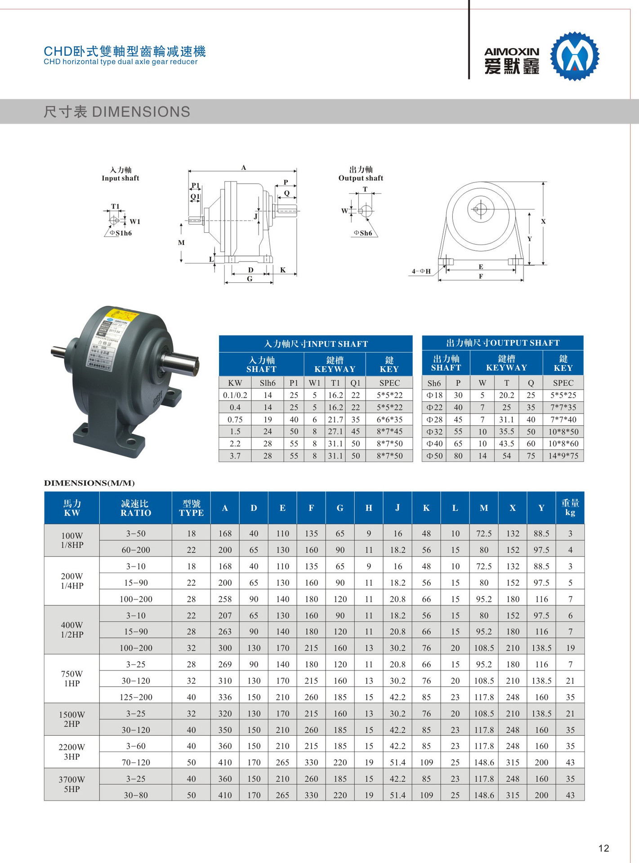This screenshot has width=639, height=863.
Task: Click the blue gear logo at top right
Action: coord(575,56)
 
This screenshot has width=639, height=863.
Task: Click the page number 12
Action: coord(603,848)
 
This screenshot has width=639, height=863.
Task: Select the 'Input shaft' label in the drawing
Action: coord(121,178)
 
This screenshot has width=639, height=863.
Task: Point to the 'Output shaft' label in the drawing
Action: coord(361,178)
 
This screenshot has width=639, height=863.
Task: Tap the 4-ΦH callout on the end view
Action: coord(421,271)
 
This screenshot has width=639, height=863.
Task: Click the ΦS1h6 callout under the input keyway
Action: coord(121,233)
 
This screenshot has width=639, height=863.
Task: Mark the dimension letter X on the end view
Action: coord(543,221)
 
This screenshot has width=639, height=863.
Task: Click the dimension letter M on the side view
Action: coord(181,243)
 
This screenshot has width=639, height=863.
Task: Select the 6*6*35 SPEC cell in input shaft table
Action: coord(389,419)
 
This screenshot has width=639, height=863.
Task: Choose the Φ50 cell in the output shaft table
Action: coord(434,456)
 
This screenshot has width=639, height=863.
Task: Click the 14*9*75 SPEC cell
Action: coord(563,456)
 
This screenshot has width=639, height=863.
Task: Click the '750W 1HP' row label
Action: coord(72,679)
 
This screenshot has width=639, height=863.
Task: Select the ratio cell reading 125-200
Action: coord(135,697)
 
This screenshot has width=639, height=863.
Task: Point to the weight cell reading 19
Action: coord(570,648)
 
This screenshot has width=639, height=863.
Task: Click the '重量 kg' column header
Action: coord(570,508)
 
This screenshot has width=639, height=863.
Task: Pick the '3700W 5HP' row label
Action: coord(72,784)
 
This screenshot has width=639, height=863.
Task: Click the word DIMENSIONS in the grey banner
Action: coord(141,112)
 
